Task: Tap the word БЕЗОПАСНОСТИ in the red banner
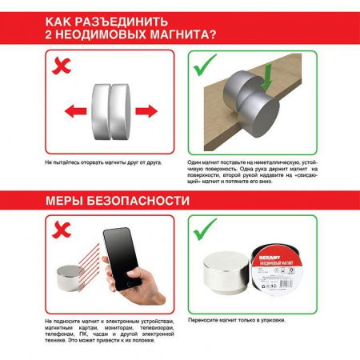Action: pos(144,200)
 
